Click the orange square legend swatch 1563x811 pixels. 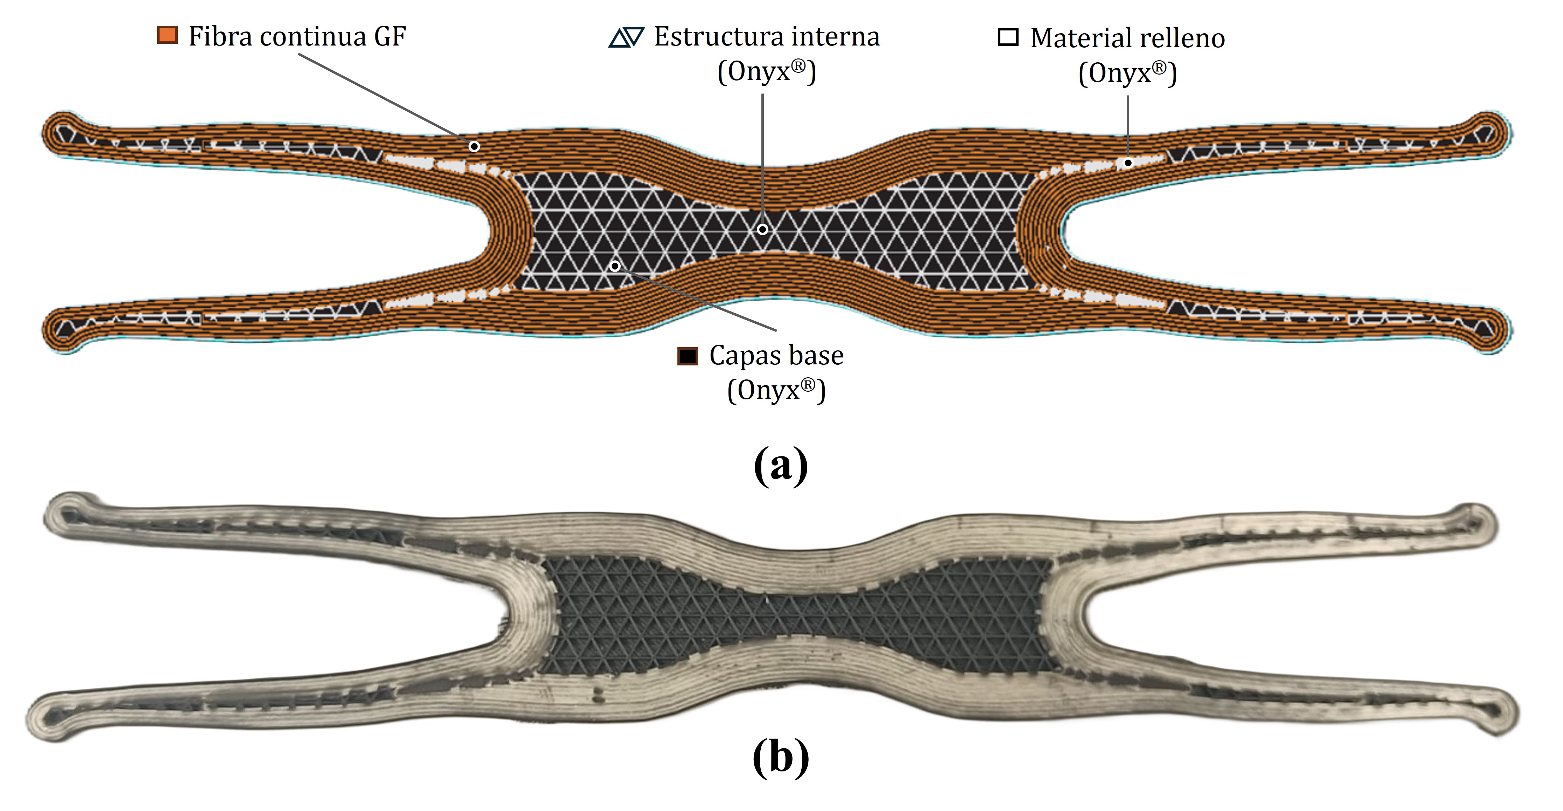[x=167, y=35]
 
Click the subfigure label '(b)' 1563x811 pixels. [x=781, y=757]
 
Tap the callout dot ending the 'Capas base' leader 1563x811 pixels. [x=615, y=266]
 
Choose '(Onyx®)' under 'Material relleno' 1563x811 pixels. [x=1127, y=74]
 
